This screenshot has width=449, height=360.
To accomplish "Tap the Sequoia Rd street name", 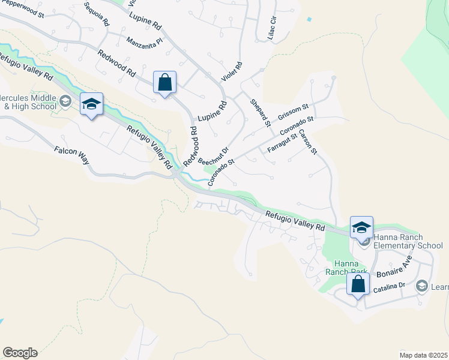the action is [x=97, y=14].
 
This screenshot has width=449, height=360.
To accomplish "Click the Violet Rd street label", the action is [x=231, y=72].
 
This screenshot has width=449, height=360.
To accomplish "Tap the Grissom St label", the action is [x=293, y=111].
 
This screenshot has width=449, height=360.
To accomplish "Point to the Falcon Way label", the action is [x=71, y=155].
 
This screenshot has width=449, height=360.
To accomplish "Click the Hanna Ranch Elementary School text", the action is [x=408, y=241].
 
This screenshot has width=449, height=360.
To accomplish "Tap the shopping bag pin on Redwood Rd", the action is [x=164, y=83].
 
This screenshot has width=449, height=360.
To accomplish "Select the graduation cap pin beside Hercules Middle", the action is [x=91, y=105].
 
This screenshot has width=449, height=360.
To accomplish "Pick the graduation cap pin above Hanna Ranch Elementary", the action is [x=361, y=228].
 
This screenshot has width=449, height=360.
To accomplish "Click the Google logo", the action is [x=20, y=353].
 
